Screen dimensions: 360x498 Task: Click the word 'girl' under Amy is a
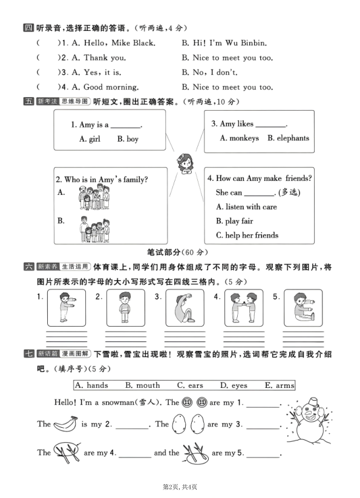click(94, 139)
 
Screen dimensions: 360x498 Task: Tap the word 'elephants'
click(293, 138)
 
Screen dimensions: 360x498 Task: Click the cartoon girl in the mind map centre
click(184, 163)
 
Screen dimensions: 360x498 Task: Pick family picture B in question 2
click(93, 228)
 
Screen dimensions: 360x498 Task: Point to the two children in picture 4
click(244, 308)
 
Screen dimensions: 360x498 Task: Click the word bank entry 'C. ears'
click(190, 385)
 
